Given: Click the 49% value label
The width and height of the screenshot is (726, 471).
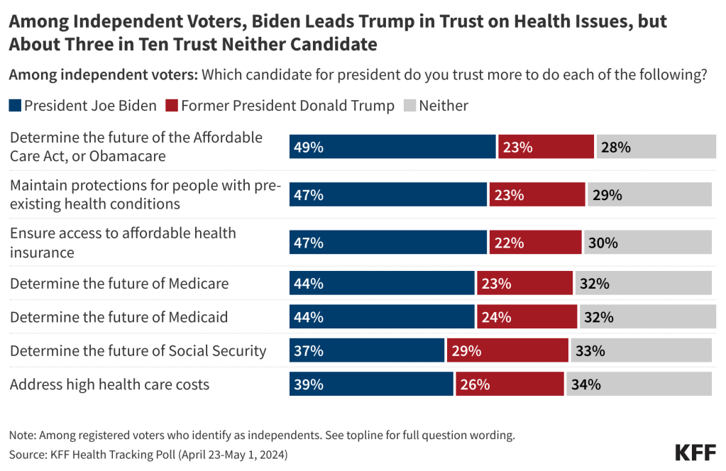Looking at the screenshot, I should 309,148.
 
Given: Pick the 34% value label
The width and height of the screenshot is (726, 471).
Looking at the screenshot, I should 586,384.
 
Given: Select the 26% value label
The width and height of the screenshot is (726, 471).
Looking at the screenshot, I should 474,384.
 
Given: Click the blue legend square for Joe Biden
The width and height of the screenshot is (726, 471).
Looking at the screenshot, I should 15,106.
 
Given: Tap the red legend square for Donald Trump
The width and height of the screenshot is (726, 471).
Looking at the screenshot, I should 171,106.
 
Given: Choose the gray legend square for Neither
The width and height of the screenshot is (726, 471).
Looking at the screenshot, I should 409,106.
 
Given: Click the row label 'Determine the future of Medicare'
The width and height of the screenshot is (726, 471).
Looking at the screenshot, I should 119,284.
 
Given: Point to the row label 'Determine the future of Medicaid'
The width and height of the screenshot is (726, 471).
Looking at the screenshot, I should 119,317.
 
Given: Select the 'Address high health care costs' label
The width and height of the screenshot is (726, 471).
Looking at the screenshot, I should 110,385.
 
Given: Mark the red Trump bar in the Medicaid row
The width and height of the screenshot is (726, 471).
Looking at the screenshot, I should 527,317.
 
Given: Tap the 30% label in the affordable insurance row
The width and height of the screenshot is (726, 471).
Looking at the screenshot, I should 603,243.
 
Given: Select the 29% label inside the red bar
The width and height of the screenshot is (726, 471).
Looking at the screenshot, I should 466,350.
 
